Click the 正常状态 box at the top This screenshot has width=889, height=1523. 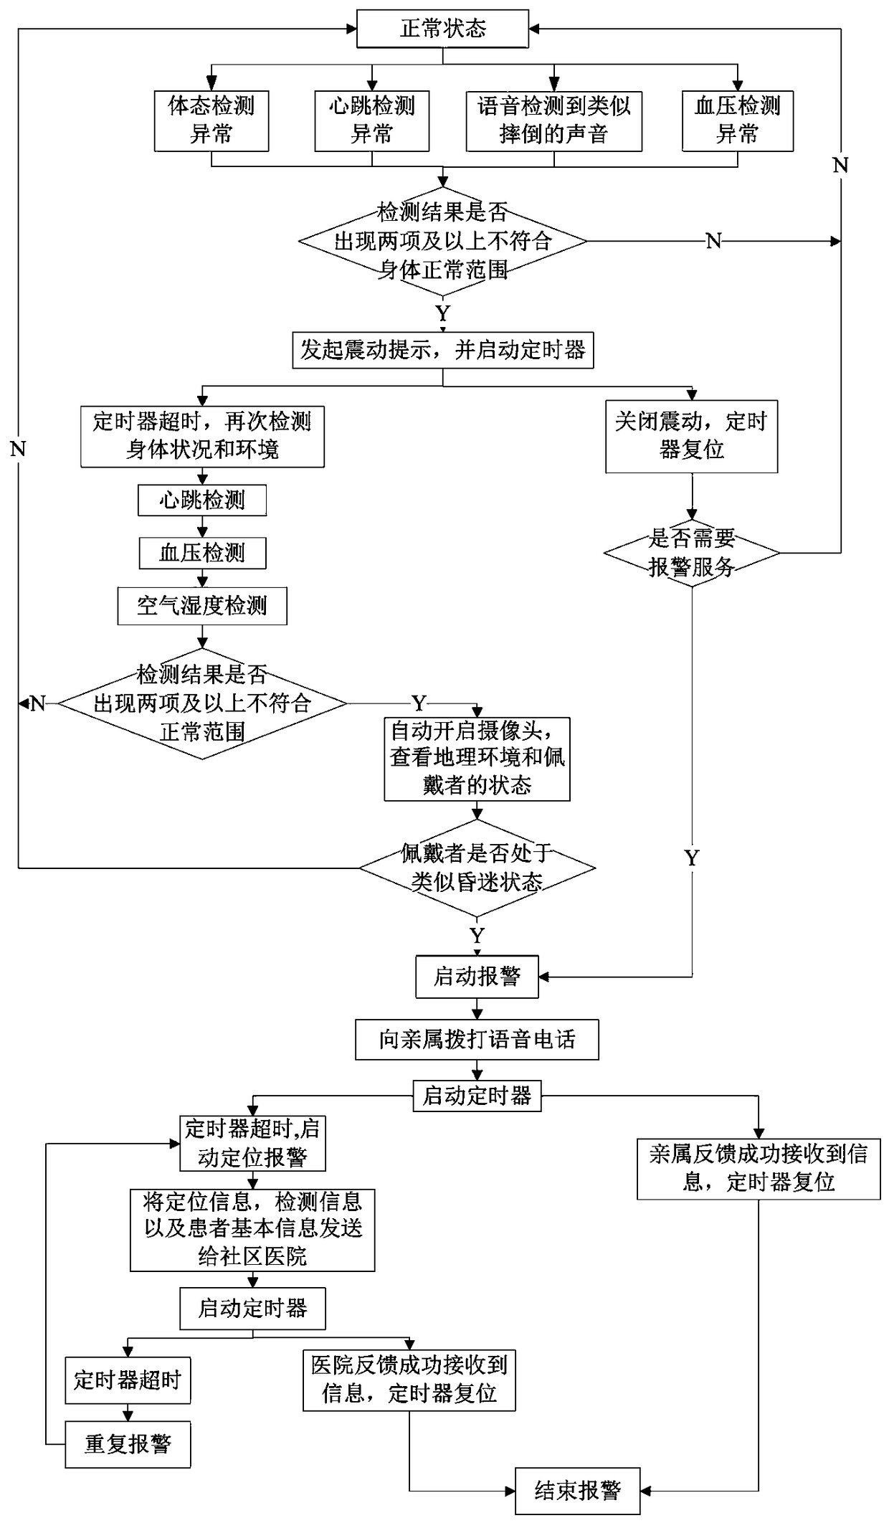[x=442, y=29]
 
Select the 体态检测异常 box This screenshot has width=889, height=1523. [x=211, y=120]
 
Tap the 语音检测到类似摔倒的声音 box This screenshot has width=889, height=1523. [x=554, y=120]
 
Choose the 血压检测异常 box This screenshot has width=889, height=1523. [x=738, y=120]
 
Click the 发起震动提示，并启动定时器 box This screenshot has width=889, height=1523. [x=443, y=350]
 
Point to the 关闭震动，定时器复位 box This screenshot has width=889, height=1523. [x=692, y=436]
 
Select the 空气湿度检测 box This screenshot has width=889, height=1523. [x=202, y=606]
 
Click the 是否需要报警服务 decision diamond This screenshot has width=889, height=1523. [x=692, y=553]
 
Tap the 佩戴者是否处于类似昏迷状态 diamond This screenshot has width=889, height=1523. [x=477, y=868]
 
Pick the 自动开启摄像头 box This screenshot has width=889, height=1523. [x=477, y=759]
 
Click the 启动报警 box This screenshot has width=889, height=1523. [x=477, y=977]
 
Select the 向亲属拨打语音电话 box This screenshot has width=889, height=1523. [x=477, y=1040]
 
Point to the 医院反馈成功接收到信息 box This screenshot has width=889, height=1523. [x=409, y=1379]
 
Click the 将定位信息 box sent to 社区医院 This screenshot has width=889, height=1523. [x=252, y=1230]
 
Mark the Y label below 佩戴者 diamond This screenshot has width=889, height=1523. [x=477, y=936]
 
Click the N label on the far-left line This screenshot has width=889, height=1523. [x=18, y=450]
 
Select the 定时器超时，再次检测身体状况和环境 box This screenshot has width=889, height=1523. [x=202, y=436]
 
